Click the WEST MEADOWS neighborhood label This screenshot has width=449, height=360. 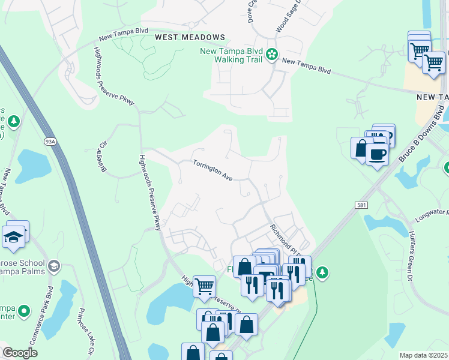coord(190,37)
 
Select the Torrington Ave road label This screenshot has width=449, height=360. coord(212,170)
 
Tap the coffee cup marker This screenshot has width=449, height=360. coord(377,154)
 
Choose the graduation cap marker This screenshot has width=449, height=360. coord(13,237)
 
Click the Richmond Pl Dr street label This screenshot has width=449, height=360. coord(284,238)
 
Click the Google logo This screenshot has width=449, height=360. coord(20,353)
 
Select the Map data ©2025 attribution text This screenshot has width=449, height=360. coord(424,355)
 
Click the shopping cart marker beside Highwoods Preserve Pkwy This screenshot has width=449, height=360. coord(204,286)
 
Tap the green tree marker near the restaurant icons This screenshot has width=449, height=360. coord(323,273)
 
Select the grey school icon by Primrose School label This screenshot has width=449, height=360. coord(54,265)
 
